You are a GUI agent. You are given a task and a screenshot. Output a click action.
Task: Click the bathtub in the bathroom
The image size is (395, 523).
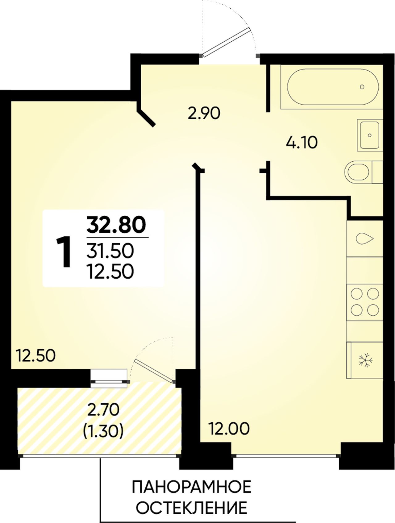[333, 87]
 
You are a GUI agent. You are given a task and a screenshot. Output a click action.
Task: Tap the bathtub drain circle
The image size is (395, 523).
[362, 87]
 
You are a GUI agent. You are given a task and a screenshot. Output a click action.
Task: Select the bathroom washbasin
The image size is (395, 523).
[370, 135]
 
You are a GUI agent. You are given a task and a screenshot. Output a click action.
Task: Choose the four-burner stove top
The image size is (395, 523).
[365, 301]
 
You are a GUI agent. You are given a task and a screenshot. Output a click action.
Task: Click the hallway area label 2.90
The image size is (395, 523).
[204, 114]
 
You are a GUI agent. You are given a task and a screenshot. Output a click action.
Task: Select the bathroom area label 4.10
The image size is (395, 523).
[302, 143]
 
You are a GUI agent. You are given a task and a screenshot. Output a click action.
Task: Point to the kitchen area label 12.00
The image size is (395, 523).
[229, 429]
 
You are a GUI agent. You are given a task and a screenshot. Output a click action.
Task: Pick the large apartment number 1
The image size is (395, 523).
[64, 252]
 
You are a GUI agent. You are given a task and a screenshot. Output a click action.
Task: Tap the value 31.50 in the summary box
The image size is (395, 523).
[110, 251]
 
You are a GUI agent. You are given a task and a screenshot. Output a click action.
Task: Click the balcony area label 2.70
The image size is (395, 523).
[103, 410]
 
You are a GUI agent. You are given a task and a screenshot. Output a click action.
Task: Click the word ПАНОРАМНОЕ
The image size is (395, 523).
[192, 487]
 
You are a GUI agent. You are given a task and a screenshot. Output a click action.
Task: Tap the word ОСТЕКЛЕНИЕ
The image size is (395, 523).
[192, 508]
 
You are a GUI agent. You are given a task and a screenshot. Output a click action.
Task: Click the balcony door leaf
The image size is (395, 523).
[153, 371]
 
